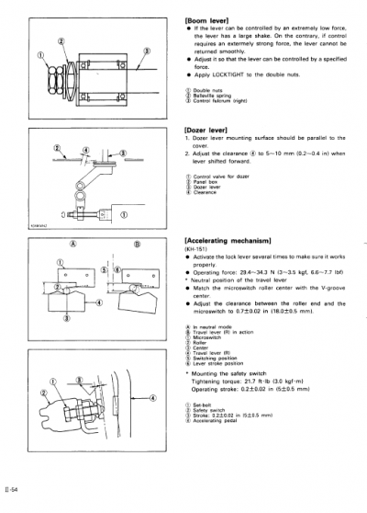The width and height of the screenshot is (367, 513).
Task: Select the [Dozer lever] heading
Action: click(203, 131)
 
